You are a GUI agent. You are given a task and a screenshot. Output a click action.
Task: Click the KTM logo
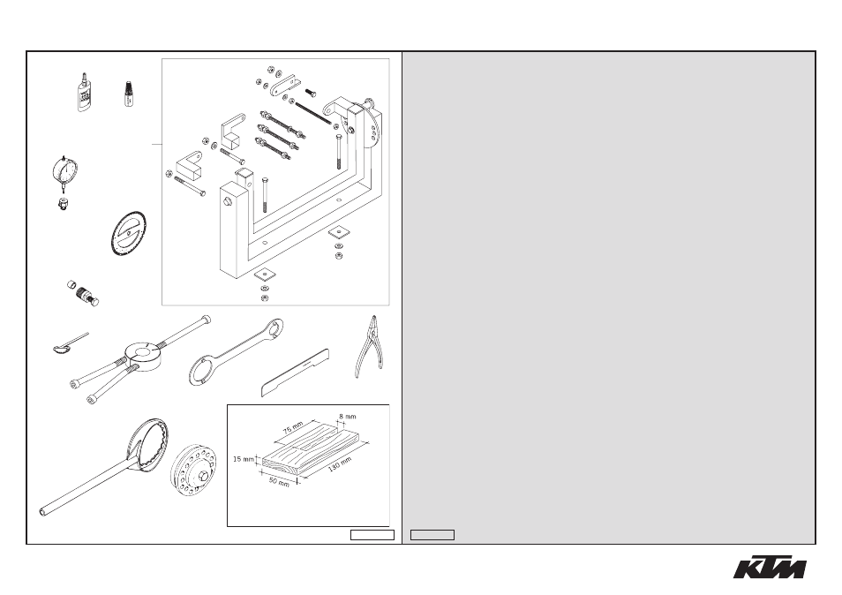770,567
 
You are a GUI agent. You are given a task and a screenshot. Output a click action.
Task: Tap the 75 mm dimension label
293,428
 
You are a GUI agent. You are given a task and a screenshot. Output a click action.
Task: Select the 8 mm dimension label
348,416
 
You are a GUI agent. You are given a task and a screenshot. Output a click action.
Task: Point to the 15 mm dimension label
244,459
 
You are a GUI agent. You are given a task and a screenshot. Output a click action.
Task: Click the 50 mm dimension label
279,482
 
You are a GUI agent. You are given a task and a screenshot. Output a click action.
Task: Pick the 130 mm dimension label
340,464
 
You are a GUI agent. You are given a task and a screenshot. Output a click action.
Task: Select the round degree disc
129,234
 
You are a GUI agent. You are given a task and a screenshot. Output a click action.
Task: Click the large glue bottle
83,93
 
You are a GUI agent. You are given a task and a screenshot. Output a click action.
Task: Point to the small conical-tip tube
128,94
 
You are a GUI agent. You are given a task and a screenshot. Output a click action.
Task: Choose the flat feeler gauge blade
295,373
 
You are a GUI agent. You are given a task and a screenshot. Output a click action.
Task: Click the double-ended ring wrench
236,351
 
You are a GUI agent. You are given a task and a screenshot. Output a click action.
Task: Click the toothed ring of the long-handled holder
149,446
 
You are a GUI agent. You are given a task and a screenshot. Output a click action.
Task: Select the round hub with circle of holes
194,471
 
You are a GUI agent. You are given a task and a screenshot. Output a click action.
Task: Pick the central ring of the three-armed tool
143,355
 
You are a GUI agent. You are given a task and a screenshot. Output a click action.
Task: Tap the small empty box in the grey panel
432,535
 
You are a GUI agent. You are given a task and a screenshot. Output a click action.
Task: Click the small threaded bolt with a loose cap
83,293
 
